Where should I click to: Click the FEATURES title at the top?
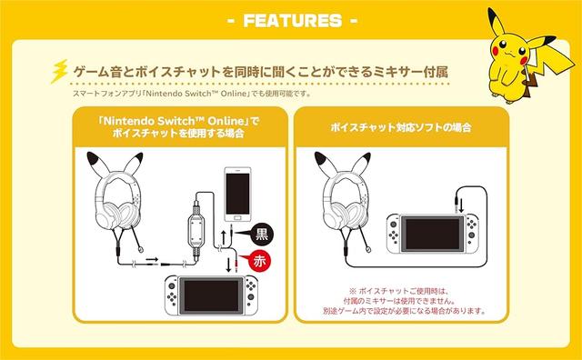pos(293,21)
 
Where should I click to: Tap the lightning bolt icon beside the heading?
pos(59,71)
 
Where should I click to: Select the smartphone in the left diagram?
pos(237,195)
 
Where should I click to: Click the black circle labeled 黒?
pos(262,235)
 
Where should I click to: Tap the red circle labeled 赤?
pos(259,261)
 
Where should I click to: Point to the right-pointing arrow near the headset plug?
pos(152,259)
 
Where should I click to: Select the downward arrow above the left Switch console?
pos(228,265)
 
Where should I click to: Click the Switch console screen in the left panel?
pos(211,295)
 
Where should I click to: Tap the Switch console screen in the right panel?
pos(432,234)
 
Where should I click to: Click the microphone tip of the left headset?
pos(141,250)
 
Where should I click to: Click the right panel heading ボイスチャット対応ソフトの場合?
pos(401,127)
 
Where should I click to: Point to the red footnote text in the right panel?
pos(404,301)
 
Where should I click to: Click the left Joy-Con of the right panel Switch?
pos(393,234)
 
